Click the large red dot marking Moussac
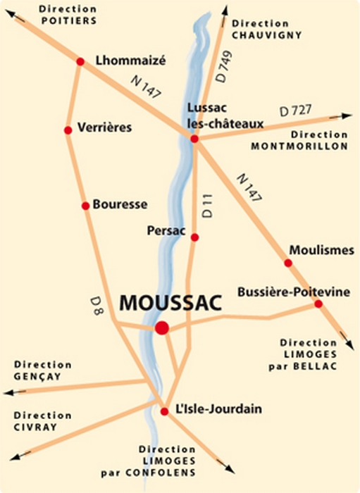coord(162,327)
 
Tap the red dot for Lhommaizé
coord(80,61)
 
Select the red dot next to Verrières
coord(68,130)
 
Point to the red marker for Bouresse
coord(85,206)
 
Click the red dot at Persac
coord(194,237)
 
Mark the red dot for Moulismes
coord(288,263)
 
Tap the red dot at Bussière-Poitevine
coord(318,304)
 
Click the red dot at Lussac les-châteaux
coord(195,139)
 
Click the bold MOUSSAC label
coord(170,302)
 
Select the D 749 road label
coord(223,68)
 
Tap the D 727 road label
coord(295,111)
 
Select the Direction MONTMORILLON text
coord(299,140)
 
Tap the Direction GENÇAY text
coord(42,370)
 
